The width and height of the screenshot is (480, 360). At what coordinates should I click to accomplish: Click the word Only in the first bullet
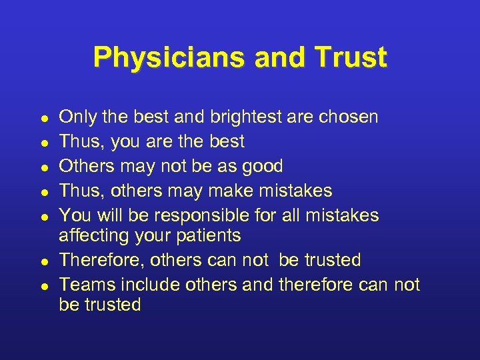click(x=75, y=117)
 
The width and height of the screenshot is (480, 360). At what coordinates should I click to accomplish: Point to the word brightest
click(x=246, y=117)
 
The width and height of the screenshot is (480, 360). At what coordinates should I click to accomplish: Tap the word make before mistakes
click(x=236, y=191)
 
